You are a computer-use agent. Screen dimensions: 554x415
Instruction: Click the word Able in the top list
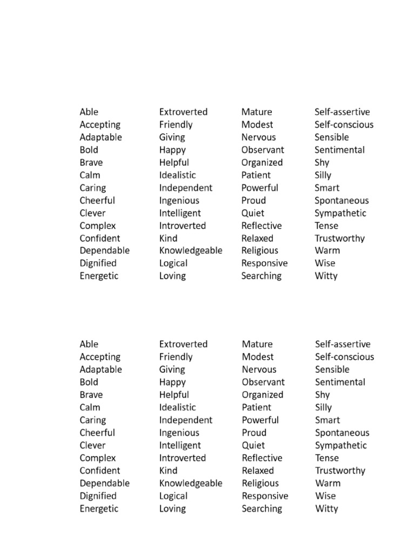(89, 112)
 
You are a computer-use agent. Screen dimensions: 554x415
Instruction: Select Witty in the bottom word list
(326, 509)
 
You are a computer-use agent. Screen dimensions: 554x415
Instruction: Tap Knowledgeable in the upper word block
(191, 250)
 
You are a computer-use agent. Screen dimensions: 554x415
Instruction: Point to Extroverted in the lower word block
(183, 344)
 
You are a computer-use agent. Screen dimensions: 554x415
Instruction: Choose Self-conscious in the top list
(344, 124)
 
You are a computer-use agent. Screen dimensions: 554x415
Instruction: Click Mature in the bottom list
(257, 344)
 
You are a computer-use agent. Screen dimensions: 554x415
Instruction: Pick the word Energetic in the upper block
(99, 276)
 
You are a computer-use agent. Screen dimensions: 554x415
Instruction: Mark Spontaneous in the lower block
(342, 433)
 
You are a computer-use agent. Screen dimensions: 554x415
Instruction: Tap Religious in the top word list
(260, 250)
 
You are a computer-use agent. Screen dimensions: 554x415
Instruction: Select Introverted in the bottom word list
(182, 458)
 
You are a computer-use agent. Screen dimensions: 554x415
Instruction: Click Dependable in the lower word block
(105, 483)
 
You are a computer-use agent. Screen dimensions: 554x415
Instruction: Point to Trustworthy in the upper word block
(340, 238)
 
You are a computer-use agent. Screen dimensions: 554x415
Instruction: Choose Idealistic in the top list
(177, 175)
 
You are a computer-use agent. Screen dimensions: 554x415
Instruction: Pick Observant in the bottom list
(263, 382)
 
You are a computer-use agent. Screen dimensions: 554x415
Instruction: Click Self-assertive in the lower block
(343, 344)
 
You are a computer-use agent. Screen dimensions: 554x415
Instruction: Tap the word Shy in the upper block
(322, 162)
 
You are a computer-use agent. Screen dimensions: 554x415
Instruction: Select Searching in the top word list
(262, 276)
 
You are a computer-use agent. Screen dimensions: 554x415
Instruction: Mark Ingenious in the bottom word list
(179, 433)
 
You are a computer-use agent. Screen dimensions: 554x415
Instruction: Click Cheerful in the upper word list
(97, 200)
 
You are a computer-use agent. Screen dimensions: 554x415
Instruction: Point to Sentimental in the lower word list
(340, 382)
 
